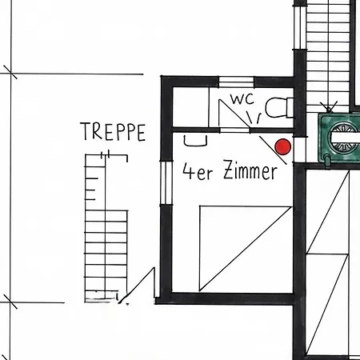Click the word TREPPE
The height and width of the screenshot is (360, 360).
click(113, 131)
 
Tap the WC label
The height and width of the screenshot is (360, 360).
click(242, 99)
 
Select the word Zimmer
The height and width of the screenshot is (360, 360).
click(250, 170)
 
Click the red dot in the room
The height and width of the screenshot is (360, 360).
click(283, 146)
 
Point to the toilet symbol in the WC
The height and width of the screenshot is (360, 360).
click(279, 108)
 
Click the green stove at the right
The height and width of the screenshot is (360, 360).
click(339, 138)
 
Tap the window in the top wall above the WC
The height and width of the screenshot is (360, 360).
click(236, 82)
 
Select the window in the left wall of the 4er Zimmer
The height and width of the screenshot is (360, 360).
click(166, 182)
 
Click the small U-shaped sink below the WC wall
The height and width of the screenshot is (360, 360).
click(195, 141)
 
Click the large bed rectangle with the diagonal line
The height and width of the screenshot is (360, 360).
click(246, 249)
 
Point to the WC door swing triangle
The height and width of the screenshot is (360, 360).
click(234, 113)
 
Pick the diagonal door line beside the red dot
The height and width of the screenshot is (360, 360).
click(273, 150)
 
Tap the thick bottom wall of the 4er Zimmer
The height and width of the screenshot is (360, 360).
click(225, 298)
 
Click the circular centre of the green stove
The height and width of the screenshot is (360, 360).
click(342, 138)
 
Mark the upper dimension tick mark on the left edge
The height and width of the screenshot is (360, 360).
click(10, 73)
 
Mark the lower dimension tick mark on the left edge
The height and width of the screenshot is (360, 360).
click(10, 302)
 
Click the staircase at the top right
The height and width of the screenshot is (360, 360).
click(328, 56)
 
